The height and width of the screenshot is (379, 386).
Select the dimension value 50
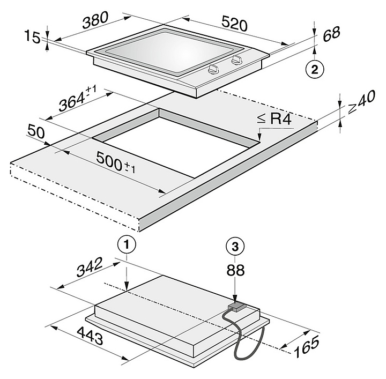[x=37, y=132]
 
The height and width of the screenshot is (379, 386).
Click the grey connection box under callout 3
[x=236, y=307]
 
